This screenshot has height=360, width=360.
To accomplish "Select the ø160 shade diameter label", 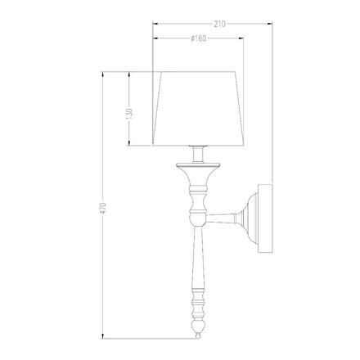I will pos(197,41).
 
